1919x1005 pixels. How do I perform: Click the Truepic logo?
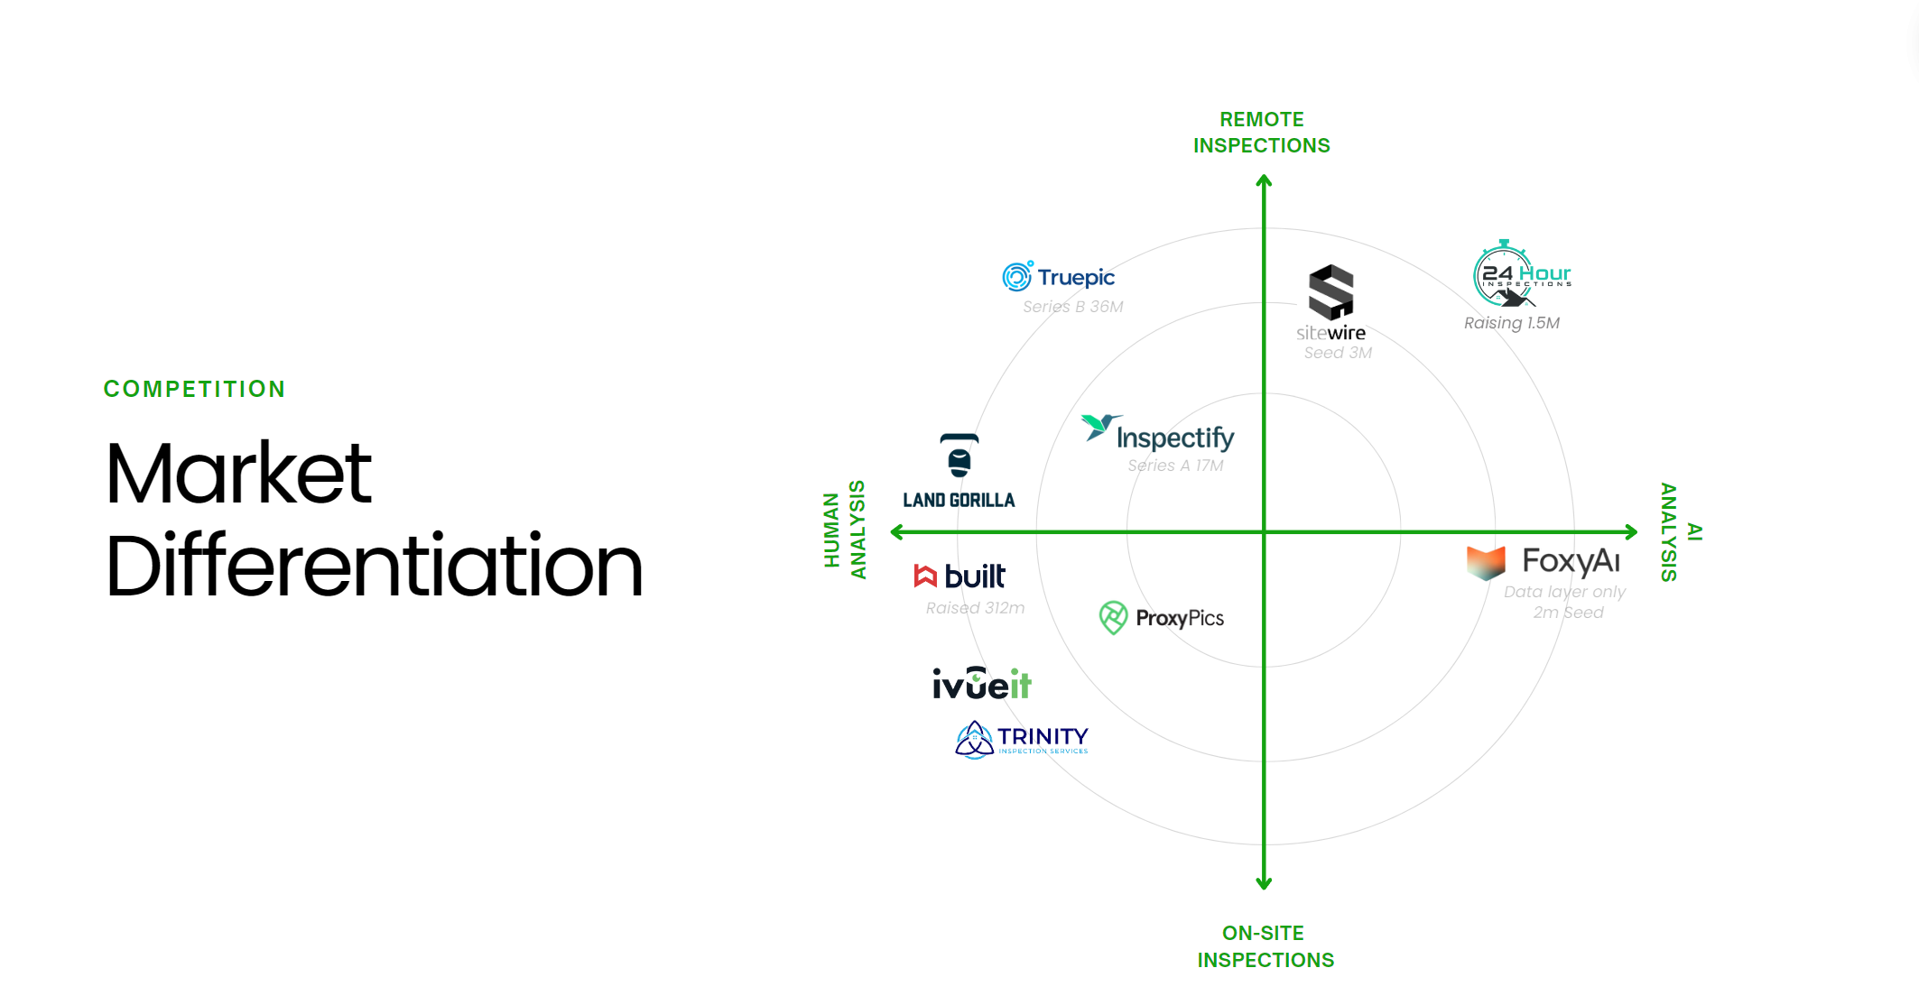point(1058,277)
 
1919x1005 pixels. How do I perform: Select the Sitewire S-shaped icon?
point(1331,292)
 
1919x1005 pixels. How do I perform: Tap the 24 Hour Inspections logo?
point(1522,274)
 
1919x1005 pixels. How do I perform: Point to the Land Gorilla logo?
point(959,472)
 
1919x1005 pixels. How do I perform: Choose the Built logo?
point(959,576)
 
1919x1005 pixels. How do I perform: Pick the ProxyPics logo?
point(1162,618)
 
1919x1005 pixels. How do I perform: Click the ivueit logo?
point(981,684)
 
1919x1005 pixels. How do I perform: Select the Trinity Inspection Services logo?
point(1021,740)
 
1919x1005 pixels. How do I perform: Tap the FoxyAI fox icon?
point(1486,562)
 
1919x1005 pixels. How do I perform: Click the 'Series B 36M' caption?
point(1072,307)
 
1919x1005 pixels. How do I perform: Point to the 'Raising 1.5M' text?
point(1511,323)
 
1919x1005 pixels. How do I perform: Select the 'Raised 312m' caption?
point(975,608)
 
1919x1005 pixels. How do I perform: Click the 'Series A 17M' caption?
point(1175,466)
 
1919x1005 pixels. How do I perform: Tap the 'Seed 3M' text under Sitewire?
point(1338,353)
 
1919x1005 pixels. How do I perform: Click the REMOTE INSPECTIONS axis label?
point(1262,133)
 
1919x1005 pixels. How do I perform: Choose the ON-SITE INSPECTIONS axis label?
point(1265,946)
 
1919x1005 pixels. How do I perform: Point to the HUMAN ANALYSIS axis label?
point(844,530)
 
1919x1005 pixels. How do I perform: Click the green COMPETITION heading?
point(194,389)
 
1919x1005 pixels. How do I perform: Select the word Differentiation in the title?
point(374,567)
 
